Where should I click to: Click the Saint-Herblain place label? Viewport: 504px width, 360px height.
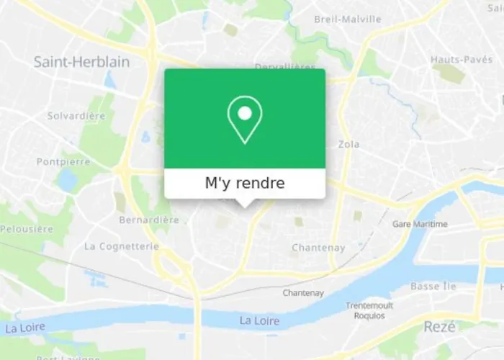point(81,62)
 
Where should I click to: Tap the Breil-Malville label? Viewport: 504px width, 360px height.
point(348,19)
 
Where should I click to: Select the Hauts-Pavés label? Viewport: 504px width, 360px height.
point(460,59)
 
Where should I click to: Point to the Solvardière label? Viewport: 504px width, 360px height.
point(76,115)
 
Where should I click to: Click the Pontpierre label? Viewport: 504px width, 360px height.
point(63,162)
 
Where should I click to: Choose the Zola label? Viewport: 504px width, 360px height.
point(348,144)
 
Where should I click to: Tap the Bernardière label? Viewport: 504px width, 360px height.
point(149,220)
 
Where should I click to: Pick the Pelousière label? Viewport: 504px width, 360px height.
point(27,229)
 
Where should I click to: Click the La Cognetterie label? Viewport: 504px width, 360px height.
point(121,246)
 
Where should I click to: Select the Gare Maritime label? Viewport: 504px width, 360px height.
point(420,224)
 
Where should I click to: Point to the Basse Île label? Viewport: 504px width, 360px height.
point(433,286)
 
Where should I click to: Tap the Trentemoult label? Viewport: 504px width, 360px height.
point(369,305)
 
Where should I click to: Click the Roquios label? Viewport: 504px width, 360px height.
point(369,315)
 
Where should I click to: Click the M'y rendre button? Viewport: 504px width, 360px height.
point(245,184)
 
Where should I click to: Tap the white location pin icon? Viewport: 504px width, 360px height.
point(245,119)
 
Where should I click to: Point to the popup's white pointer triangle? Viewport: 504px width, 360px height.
point(245,203)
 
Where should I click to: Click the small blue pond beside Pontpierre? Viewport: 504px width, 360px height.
point(68,180)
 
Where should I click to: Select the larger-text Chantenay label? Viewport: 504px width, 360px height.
point(318,248)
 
